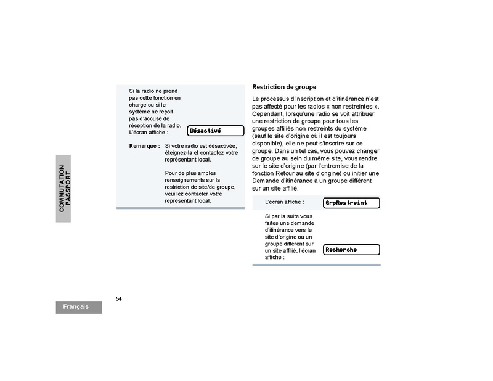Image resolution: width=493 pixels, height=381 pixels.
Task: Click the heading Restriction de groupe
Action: tap(284, 87)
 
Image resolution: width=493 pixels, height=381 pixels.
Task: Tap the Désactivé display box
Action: tap(214, 131)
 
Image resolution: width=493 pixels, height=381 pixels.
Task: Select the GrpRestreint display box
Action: tap(351, 202)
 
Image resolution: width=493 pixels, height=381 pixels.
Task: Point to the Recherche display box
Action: tap(351, 250)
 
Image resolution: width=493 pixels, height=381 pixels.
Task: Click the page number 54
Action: tap(119, 298)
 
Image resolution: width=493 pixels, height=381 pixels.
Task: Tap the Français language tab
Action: tap(79, 307)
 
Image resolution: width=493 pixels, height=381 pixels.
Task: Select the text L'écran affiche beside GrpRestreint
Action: tap(284, 202)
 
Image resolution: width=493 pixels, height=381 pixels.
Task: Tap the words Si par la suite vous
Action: tap(288, 216)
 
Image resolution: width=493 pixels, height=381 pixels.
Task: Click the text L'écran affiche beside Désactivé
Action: tap(149, 132)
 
